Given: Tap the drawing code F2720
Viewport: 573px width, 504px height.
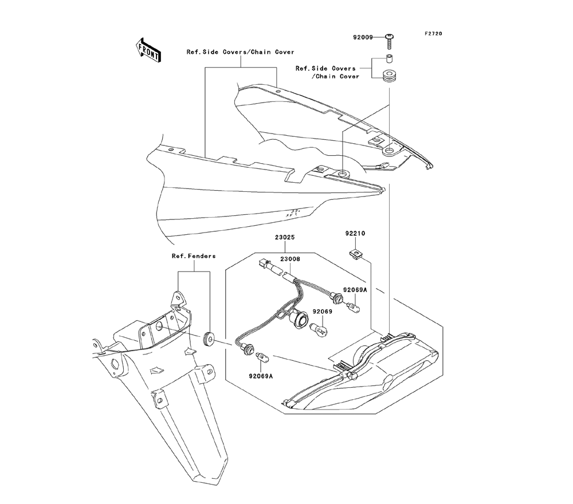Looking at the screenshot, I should [433, 34].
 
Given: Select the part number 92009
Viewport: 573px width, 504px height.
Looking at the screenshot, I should [363, 37].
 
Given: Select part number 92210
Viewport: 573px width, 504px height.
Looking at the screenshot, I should [355, 234].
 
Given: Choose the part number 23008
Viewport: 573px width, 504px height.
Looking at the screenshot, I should [289, 259].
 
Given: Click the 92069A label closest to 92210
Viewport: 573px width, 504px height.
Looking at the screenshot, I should [355, 290].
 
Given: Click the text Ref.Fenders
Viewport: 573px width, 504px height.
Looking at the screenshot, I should [194, 256].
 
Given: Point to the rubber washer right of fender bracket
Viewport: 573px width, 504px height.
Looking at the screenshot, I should [209, 340].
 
